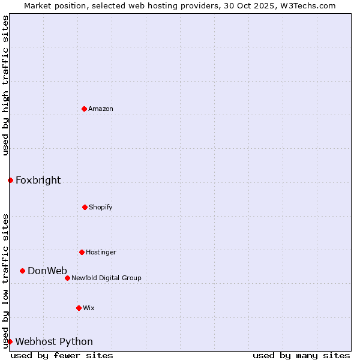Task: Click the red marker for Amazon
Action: (84, 109)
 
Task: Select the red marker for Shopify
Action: (85, 207)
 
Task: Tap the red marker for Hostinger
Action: (82, 252)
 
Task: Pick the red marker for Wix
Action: (79, 308)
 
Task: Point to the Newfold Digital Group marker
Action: (67, 278)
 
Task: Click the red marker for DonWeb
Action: (22, 271)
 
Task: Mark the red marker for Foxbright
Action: (10, 180)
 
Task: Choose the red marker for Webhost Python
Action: (10, 341)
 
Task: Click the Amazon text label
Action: (101, 109)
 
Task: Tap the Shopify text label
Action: (101, 207)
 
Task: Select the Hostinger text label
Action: (101, 252)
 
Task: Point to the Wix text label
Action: (89, 308)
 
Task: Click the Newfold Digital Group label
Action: (106, 278)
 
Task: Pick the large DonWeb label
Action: (47, 271)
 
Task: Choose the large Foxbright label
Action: (38, 180)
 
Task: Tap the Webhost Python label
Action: (54, 341)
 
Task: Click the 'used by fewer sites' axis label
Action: (62, 355)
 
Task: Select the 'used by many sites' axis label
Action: (301, 355)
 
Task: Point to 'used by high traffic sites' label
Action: (5, 85)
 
